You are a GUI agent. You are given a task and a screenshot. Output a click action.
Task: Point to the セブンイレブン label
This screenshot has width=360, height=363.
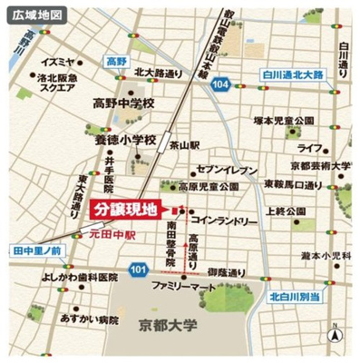click(229, 169)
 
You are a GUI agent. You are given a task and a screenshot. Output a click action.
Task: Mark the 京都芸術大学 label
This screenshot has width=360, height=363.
click(321, 166)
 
